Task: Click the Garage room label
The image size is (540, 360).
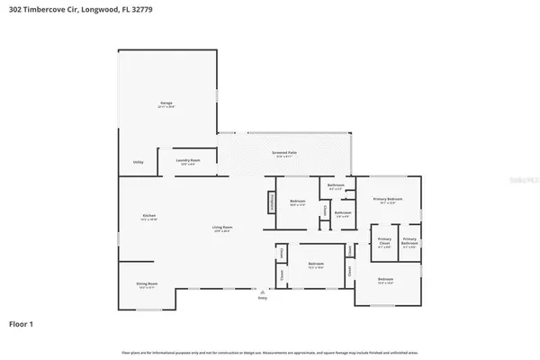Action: click(166, 105)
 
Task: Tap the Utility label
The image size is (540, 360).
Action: click(139, 162)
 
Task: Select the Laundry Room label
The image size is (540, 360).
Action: click(188, 161)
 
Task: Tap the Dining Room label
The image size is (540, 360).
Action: click(146, 285)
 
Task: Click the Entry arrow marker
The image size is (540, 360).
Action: click(262, 291)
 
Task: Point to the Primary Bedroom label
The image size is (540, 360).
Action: click(388, 201)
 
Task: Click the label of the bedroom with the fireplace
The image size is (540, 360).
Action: click(298, 202)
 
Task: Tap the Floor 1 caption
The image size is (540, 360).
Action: click(23, 322)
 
